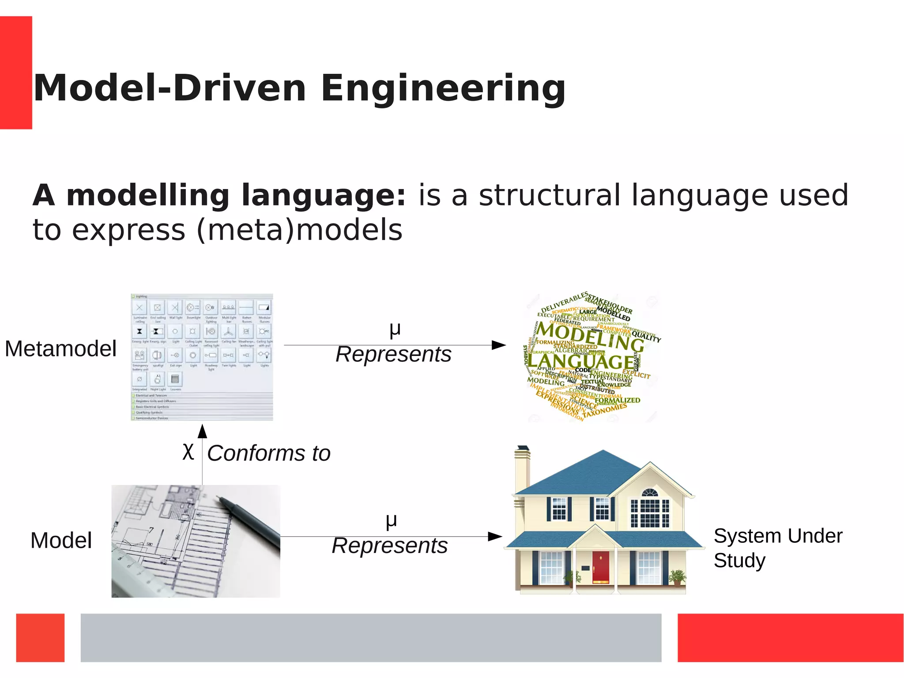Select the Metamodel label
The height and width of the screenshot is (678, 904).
click(x=60, y=348)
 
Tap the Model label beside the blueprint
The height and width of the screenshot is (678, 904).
click(x=61, y=540)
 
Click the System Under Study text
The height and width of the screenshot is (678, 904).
click(x=778, y=548)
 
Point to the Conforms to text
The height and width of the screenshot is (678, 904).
click(x=269, y=453)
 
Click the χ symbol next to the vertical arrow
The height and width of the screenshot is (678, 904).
click(x=188, y=451)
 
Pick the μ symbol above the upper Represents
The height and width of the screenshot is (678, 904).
click(x=395, y=329)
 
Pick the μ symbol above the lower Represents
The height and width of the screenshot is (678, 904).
click(x=391, y=520)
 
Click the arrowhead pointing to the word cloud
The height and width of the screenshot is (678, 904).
click(x=499, y=345)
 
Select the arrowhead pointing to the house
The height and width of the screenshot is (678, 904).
click(x=495, y=537)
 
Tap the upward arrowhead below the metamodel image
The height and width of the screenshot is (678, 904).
click(x=202, y=431)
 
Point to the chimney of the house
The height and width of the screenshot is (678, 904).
click(x=522, y=468)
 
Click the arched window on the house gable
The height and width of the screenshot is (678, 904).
click(x=649, y=492)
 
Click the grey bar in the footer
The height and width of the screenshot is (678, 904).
click(x=371, y=637)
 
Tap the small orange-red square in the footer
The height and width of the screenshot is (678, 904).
click(x=40, y=637)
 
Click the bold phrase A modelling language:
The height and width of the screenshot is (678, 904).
click(x=219, y=195)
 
